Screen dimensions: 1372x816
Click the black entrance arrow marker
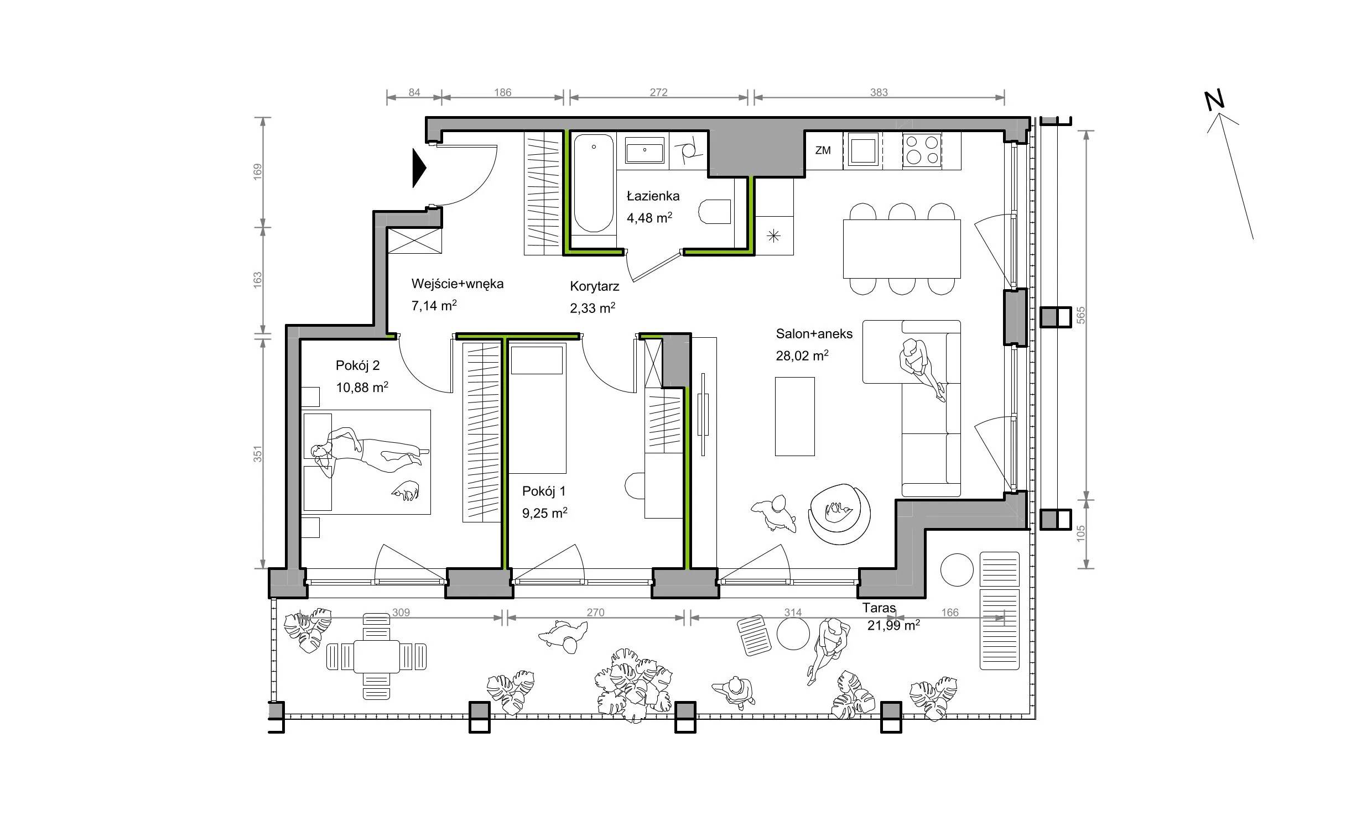point(419,168)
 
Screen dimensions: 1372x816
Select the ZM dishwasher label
point(823,150)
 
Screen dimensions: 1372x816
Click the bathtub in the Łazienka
point(594,183)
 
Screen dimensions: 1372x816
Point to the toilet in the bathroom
point(715,211)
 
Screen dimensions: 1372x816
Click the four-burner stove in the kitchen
point(922,150)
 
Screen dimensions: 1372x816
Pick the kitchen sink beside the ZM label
point(862,150)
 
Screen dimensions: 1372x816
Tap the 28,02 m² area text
point(802,355)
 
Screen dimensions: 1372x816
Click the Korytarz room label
point(594,286)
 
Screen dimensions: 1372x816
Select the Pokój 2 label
point(357,365)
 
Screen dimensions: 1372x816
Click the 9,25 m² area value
point(544,513)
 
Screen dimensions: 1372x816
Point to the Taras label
point(879,608)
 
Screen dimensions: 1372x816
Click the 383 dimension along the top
point(879,92)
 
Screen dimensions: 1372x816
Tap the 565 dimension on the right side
point(1081,315)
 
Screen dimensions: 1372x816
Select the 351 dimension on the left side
point(257,454)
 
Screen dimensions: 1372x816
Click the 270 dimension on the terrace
point(595,612)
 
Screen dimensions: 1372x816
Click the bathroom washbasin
point(645,150)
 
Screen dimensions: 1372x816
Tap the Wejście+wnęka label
point(458,284)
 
